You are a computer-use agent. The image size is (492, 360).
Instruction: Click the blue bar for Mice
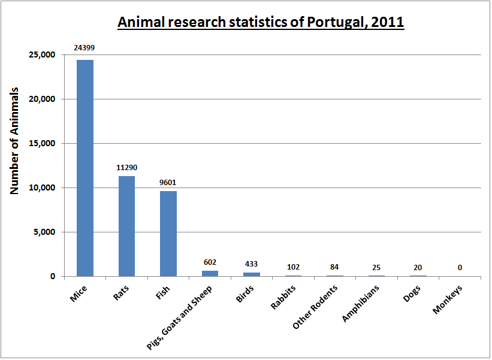coord(84,168)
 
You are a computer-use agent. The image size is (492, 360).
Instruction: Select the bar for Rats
coord(126,226)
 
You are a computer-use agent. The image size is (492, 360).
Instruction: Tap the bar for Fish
coord(168,234)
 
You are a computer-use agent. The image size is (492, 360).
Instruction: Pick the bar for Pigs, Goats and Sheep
coord(210,274)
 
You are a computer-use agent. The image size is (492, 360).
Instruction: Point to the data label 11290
coord(126,167)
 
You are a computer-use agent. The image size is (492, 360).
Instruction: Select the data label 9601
coord(168,182)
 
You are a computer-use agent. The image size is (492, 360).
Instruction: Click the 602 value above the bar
coord(210,262)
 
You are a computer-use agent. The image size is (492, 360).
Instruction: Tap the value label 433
coord(252,264)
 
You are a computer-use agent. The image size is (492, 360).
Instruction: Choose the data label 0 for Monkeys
coord(460,268)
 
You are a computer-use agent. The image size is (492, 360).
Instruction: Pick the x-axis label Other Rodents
coord(316,306)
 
